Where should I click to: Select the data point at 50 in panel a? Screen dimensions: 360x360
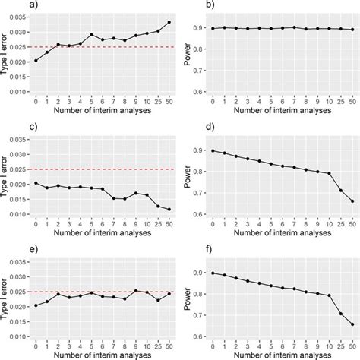tap(169, 22)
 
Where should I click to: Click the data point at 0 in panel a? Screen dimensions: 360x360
tap(35, 60)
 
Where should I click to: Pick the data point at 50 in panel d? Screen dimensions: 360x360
tap(352, 201)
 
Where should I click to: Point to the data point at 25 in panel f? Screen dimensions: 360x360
tap(339, 313)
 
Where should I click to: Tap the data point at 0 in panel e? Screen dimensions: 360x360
tap(35, 306)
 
